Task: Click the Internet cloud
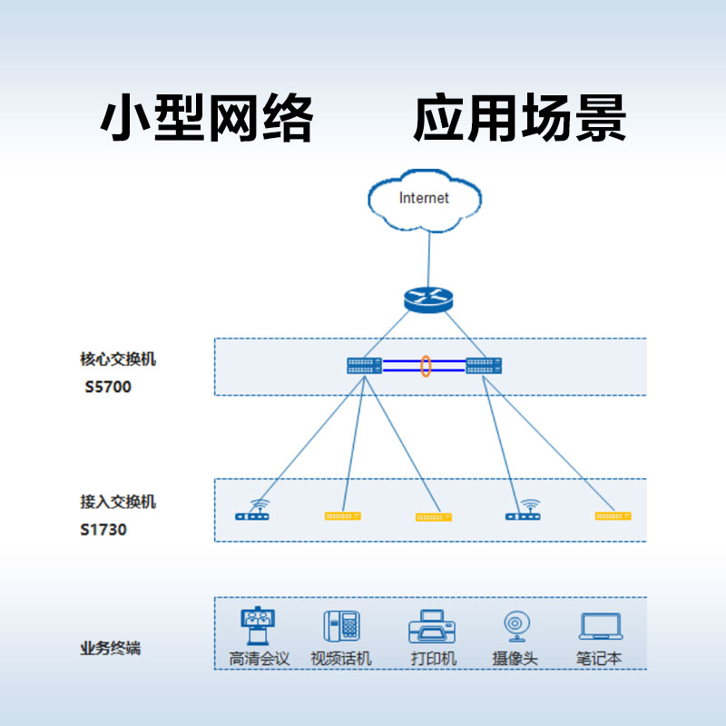coord(423,199)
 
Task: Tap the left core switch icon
coord(364,366)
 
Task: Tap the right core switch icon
coord(484,366)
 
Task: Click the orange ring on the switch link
coord(425,366)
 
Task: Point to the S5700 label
coord(108,387)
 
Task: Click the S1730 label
coord(103,529)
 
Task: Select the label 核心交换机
coord(118,359)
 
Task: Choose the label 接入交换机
coord(118,502)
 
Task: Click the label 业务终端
coord(111,649)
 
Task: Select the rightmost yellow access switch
coord(613,515)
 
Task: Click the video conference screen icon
coord(259,627)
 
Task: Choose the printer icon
coord(432,627)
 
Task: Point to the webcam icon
coord(515,627)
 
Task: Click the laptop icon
coord(600,627)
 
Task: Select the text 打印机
coord(433,659)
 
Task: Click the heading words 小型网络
coord(207,119)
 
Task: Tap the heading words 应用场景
coord(519,119)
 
